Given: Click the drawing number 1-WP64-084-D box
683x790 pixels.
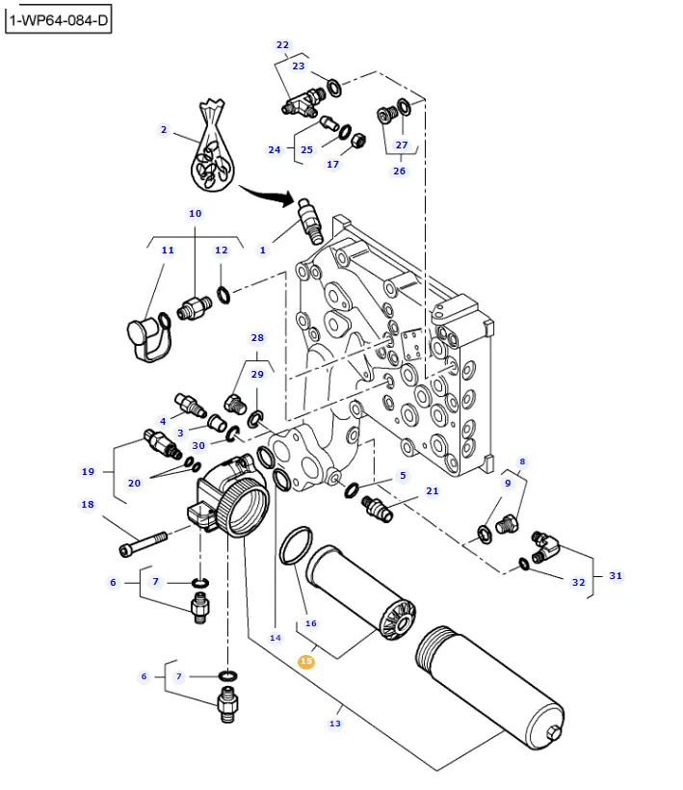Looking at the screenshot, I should click(x=59, y=19).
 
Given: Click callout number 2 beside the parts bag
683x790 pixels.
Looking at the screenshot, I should click(x=164, y=130).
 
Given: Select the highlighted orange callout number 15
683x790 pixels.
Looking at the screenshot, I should click(x=306, y=662).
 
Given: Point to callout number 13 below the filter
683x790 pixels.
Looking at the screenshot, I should click(x=335, y=724).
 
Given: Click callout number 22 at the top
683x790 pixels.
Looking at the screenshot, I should click(x=282, y=45).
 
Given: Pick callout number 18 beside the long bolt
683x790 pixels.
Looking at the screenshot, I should click(x=88, y=504).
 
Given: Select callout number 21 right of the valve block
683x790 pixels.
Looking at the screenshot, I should click(x=433, y=491).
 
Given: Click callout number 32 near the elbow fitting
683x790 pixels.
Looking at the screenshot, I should click(x=578, y=582).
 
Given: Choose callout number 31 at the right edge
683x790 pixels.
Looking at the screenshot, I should click(x=616, y=576).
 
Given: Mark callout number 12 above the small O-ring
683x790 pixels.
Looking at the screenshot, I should click(x=221, y=250).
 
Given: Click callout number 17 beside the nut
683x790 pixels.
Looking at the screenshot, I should click(x=332, y=164).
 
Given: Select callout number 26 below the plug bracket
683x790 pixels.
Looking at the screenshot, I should click(x=399, y=171).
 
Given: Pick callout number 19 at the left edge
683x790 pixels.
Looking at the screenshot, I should click(x=88, y=472).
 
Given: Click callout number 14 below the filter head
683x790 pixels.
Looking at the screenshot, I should click(x=276, y=638).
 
